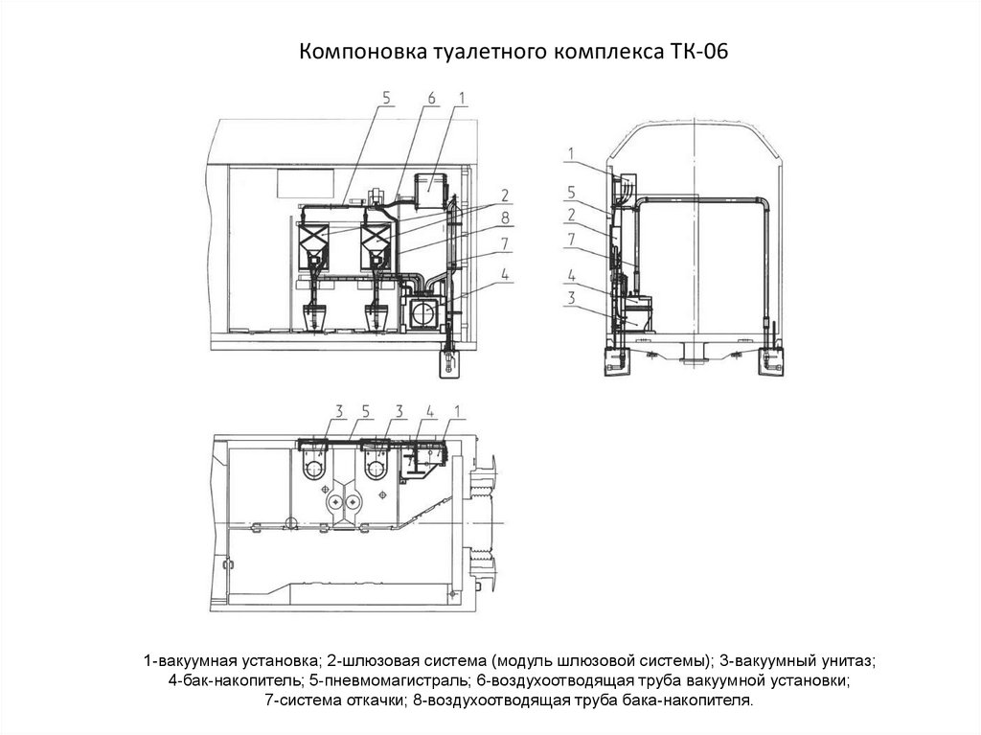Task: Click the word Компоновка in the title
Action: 363,52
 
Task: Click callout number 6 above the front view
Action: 431,99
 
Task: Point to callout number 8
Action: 506,218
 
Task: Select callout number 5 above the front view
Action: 386,99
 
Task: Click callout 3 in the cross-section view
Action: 571,298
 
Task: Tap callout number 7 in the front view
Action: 506,243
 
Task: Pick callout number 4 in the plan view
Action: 430,412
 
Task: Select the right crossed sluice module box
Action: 376,238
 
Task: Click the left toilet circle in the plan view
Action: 314,469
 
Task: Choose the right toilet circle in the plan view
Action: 375,469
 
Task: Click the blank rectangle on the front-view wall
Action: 306,183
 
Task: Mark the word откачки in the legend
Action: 375,701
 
